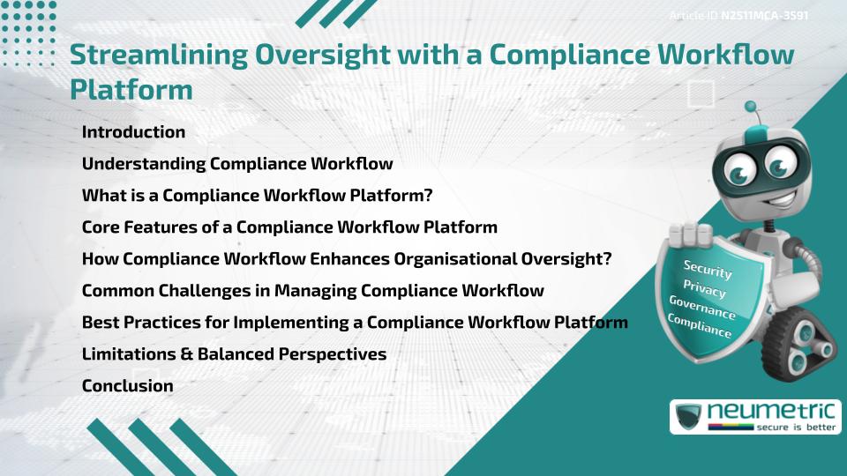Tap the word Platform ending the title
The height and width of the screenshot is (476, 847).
(x=131, y=89)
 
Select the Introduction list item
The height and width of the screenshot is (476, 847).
(x=133, y=132)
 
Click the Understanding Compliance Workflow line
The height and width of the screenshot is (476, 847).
(x=236, y=164)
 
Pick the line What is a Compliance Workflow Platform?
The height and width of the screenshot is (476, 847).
(x=257, y=196)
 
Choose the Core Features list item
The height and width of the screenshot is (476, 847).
(x=289, y=227)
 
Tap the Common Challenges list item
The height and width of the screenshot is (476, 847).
(x=312, y=291)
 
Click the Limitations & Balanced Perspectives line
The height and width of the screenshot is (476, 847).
(x=234, y=354)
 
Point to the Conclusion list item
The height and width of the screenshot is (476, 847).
(x=127, y=386)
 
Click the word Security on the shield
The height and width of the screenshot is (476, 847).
(x=708, y=270)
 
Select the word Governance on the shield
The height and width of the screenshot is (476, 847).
(x=702, y=308)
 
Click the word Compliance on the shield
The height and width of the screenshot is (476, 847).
(x=700, y=326)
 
